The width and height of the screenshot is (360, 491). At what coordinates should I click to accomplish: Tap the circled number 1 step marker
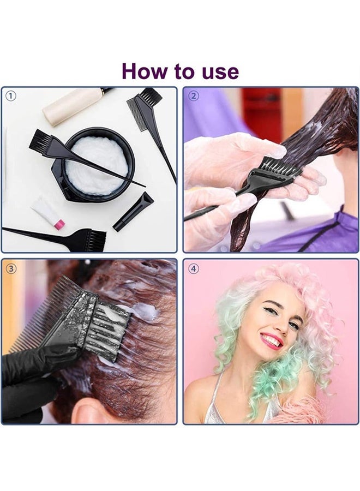(11, 97)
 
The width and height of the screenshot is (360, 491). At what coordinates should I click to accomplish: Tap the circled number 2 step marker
(193, 97)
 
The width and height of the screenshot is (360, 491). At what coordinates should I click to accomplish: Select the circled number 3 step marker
(11, 268)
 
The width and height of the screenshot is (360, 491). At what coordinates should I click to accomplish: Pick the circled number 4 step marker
(193, 268)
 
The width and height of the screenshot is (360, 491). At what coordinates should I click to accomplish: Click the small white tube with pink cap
(48, 213)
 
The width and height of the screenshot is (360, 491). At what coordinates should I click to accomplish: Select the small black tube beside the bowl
(134, 212)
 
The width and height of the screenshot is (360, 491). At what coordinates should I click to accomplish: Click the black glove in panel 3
(33, 376)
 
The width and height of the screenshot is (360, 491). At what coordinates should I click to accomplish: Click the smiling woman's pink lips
(271, 341)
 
